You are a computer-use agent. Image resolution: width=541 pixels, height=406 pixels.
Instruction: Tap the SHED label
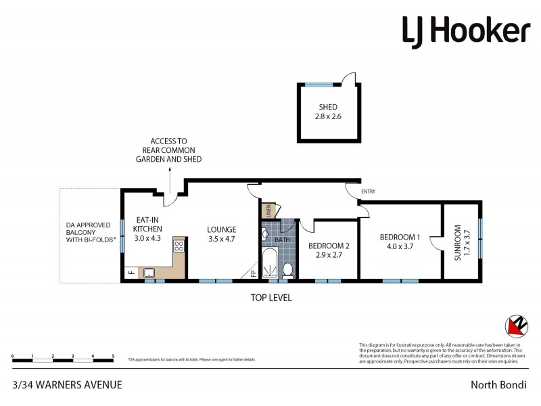328,107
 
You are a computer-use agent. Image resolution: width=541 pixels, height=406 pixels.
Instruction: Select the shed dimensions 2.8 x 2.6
328,116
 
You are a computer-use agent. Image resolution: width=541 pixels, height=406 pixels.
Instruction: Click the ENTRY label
368,191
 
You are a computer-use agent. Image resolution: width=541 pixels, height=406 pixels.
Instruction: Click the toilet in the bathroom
287,270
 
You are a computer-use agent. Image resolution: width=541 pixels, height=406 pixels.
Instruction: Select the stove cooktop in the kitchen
179,246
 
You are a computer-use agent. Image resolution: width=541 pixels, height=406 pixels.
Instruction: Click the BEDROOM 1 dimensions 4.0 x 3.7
400,247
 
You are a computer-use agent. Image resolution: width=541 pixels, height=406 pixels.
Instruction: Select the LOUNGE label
221,229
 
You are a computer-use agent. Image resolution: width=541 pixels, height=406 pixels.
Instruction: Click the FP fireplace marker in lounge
253,273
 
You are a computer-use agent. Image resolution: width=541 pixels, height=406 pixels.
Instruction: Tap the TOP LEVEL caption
270,297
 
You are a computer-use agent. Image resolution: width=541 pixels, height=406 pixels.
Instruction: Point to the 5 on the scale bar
113,355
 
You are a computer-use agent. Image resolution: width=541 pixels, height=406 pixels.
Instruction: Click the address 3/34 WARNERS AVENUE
67,385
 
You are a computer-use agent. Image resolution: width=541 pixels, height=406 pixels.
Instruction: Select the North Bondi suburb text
499,385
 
